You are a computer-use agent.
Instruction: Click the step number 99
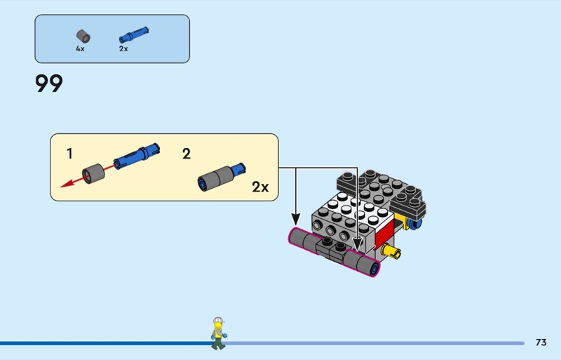pos(49,84)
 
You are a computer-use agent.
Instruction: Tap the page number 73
pos(541,342)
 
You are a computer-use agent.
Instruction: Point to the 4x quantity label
pos(80,49)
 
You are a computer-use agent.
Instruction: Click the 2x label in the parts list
pos(123,49)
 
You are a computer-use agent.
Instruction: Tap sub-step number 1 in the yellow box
pos(69,154)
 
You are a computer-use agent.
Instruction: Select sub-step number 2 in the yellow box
pos(187,154)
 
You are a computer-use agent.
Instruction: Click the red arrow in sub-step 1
pos(69,182)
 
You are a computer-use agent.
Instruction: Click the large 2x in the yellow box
pos(260,187)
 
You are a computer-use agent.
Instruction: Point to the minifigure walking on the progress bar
pos(218,333)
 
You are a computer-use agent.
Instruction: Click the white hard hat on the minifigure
pos(218,320)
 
